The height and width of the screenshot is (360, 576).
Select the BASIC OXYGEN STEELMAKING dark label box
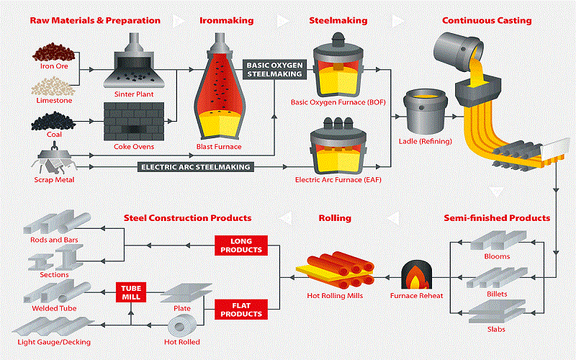274,69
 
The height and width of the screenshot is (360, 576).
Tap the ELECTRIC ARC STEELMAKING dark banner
194,167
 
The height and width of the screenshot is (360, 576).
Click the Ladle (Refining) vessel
428,112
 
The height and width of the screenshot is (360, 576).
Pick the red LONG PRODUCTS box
240,245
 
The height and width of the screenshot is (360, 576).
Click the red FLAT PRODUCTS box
240,310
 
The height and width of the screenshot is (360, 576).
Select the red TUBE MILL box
130,292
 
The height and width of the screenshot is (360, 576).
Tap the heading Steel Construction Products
188,217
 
